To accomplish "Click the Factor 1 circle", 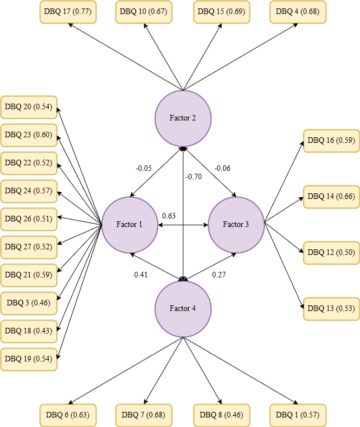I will click(130, 225).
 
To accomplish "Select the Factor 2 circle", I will click(183, 118).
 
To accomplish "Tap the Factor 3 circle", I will click(236, 225).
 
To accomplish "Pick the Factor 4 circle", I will click(183, 309).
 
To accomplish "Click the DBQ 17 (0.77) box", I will click(68, 12).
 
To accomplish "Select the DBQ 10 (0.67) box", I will click(144, 12).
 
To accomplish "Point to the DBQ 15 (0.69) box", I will click(221, 12).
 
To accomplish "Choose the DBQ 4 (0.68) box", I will click(298, 12).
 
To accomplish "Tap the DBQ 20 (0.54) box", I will click(29, 107).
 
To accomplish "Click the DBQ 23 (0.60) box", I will click(29, 135).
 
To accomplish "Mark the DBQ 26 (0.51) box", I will click(29, 219).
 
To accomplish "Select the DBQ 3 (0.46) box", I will click(29, 303).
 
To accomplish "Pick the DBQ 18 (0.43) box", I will click(29, 331).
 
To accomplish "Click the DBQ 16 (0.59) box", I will click(331, 141).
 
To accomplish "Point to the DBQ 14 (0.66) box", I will click(331, 197).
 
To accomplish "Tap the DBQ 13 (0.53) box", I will click(331, 309).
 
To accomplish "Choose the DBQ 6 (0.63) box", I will click(68, 415).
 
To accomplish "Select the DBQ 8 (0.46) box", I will click(221, 415).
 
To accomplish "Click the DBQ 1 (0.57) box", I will click(298, 415).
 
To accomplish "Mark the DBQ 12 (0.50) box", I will click(331, 253).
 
